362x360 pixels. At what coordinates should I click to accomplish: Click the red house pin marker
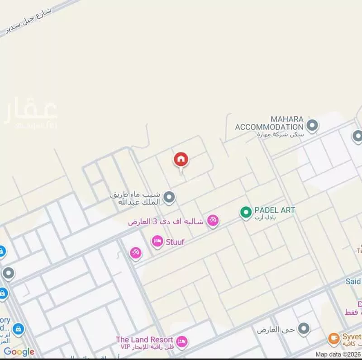pyautogui.click(x=181, y=160)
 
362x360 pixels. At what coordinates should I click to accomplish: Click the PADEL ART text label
pyautogui.click(x=275, y=210)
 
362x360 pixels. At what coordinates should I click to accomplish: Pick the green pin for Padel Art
pyautogui.click(x=246, y=212)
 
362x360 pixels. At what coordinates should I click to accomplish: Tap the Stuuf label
pyautogui.click(x=176, y=242)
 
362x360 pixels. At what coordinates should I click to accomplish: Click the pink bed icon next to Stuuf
pyautogui.click(x=157, y=242)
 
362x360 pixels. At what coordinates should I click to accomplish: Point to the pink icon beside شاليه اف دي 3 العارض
pyautogui.click(x=212, y=221)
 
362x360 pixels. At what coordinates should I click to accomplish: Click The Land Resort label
pyautogui.click(x=144, y=340)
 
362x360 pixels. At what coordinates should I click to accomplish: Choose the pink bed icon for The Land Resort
pyautogui.click(x=181, y=342)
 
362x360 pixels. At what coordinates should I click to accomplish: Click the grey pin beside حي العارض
pyautogui.click(x=304, y=329)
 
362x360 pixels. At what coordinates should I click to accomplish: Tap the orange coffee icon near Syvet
pyautogui.click(x=334, y=338)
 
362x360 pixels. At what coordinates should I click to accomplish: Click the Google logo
pyautogui.click(x=19, y=352)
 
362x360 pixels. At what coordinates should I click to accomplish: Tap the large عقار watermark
pyautogui.click(x=31, y=113)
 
